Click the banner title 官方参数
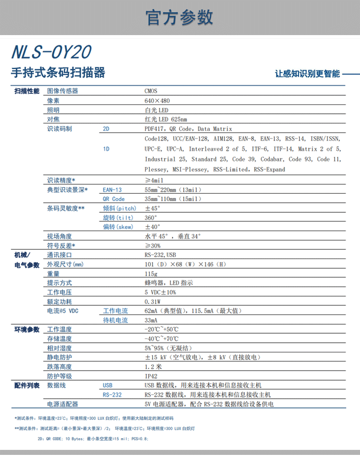(x=180, y=17)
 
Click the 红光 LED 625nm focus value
(x=165, y=119)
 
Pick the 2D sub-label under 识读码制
(x=106, y=129)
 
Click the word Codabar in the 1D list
(x=273, y=159)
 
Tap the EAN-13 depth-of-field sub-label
(x=112, y=190)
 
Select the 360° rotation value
(x=151, y=217)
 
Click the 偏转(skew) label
(x=118, y=227)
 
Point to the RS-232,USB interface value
(x=160, y=255)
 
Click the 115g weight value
(x=151, y=274)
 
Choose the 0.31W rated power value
(x=153, y=302)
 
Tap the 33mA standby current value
(x=151, y=320)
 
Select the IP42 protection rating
(x=151, y=376)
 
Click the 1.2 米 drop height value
(x=153, y=366)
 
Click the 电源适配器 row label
(x=62, y=404)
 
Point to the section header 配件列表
(x=27, y=386)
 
